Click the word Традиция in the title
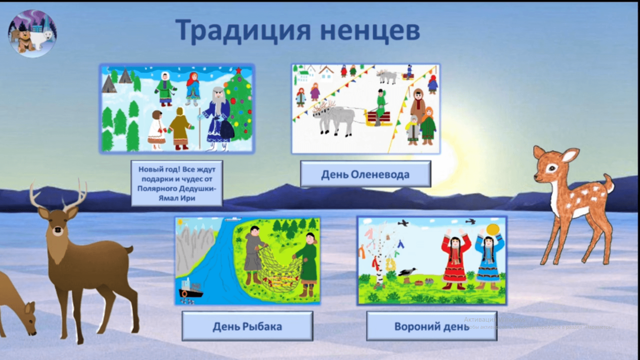[x=243, y=31]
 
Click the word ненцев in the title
[x=370, y=31]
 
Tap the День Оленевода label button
[x=365, y=174]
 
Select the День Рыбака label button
[x=247, y=326]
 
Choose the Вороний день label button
[x=431, y=326]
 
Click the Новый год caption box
[x=177, y=183]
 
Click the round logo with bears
[x=32, y=33]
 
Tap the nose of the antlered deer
[x=58, y=230]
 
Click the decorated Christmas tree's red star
[x=239, y=70]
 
